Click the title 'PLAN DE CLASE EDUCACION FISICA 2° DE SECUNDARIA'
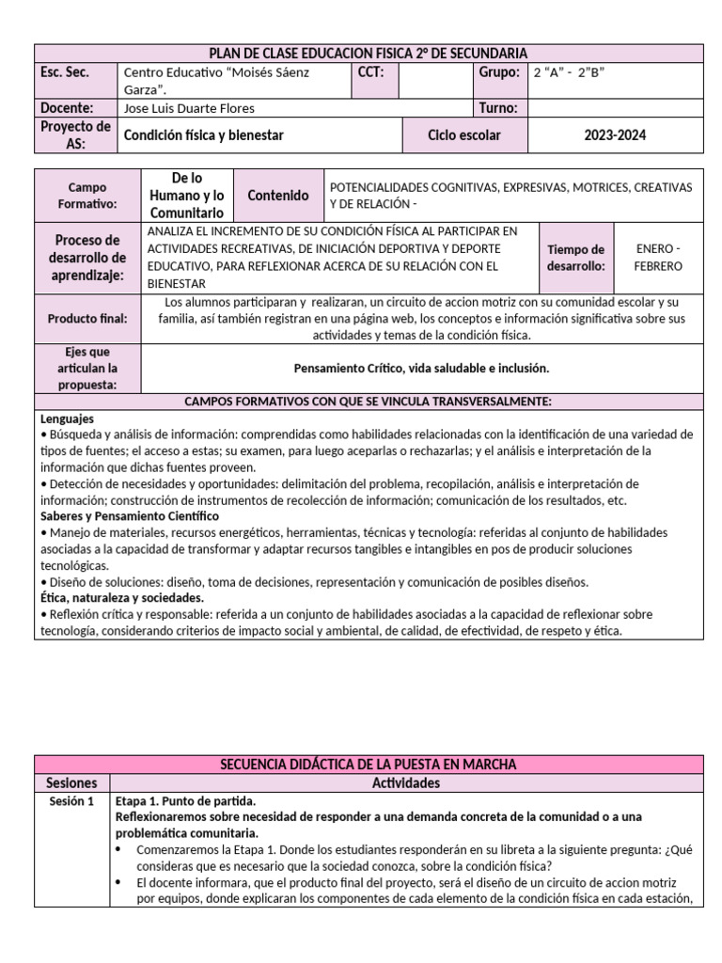pyautogui.click(x=368, y=54)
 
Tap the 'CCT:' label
pyautogui.click(x=370, y=72)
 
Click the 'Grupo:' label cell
pyautogui.click(x=498, y=72)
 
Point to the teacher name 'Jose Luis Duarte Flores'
pyautogui.click(x=189, y=108)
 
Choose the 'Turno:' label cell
pyautogui.click(x=498, y=108)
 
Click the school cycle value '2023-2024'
pyautogui.click(x=615, y=135)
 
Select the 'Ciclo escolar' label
pyautogui.click(x=463, y=135)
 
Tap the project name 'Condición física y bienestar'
pyautogui.click(x=204, y=135)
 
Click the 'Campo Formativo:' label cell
pyautogui.click(x=87, y=196)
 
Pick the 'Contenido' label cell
pyautogui.click(x=277, y=196)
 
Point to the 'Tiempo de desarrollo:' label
pyautogui.click(x=575, y=257)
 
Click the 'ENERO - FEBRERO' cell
pyautogui.click(x=658, y=257)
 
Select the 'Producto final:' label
pyautogui.click(x=87, y=319)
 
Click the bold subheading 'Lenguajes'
pyautogui.click(x=67, y=418)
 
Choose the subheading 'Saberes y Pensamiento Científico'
pyautogui.click(x=129, y=516)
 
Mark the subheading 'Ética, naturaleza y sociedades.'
pyautogui.click(x=122, y=597)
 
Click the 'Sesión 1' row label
pyautogui.click(x=72, y=801)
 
